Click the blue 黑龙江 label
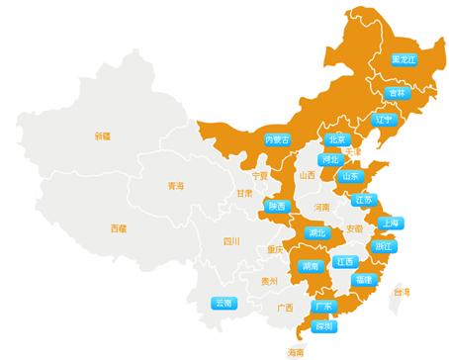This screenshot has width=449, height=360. tap(404, 59)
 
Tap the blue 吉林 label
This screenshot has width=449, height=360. tap(398, 93)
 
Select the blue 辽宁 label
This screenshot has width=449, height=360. tap(385, 120)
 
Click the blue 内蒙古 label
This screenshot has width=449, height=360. tap(278, 140)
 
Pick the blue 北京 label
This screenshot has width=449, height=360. tap(337, 140)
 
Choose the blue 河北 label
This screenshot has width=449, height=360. tap(330, 158)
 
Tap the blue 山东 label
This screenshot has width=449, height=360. tap(349, 176)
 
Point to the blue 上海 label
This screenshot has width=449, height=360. tap(389, 223)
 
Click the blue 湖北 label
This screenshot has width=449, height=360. tap(316, 233)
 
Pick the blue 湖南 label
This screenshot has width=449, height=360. tap(310, 266)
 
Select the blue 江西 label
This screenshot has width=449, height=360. tap(344, 262)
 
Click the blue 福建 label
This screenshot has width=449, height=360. tap(363, 280)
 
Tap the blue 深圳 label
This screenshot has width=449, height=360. tap(323, 325)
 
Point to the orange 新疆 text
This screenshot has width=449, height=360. tap(104, 135)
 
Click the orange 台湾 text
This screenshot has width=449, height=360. tap(402, 292)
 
